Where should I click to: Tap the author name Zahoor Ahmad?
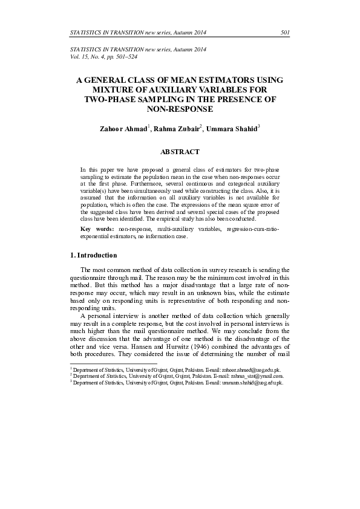pos(123,129)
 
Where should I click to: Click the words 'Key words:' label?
pos(97,230)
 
